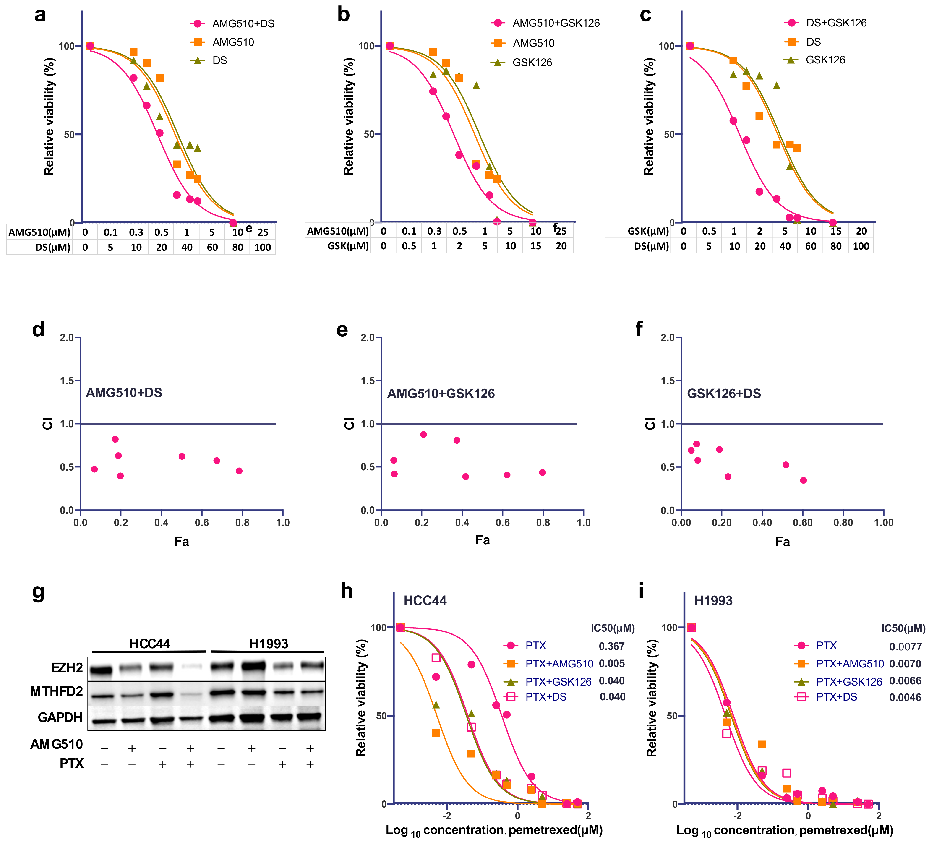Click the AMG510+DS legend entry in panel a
click(243, 23)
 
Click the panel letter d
click(38, 330)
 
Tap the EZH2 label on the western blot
click(67, 668)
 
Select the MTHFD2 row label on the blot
click(57, 691)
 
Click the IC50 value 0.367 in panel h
click(611, 646)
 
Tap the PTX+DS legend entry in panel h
click(545, 697)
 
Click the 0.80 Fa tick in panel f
click(843, 523)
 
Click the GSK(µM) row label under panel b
click(348, 246)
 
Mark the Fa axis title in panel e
click(483, 540)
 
